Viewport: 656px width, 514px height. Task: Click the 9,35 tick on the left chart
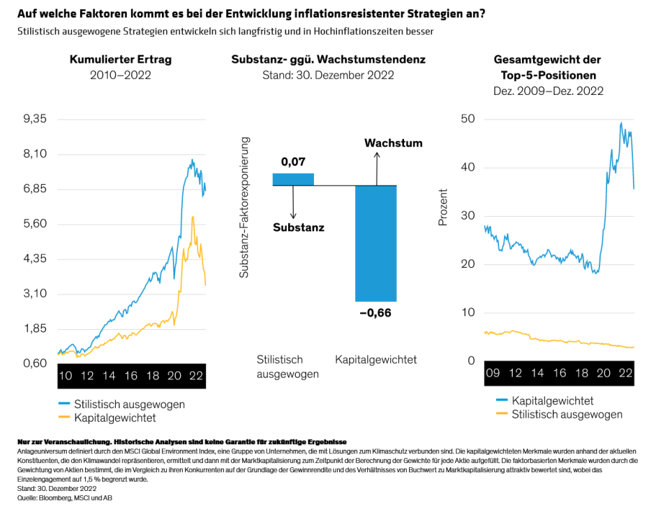tap(35, 119)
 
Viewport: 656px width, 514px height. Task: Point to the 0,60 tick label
tap(35, 363)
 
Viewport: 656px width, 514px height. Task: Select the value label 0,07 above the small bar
tap(293, 162)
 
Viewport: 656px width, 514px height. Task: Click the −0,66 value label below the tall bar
tap(375, 312)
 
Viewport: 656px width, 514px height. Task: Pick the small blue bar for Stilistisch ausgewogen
tap(293, 179)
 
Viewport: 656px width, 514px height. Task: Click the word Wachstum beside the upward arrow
tap(393, 143)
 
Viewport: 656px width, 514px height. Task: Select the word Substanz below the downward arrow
tap(298, 227)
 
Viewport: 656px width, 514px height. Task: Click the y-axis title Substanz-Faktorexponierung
tap(244, 208)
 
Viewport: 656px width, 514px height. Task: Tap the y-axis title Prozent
tap(442, 207)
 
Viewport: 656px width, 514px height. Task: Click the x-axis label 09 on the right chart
tap(493, 374)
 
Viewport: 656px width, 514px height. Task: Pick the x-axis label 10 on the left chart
tap(65, 375)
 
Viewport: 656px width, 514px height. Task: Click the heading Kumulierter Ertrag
tap(121, 59)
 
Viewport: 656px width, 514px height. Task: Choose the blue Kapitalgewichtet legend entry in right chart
tap(544, 400)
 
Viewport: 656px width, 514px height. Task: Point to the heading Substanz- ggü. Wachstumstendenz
tap(328, 59)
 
